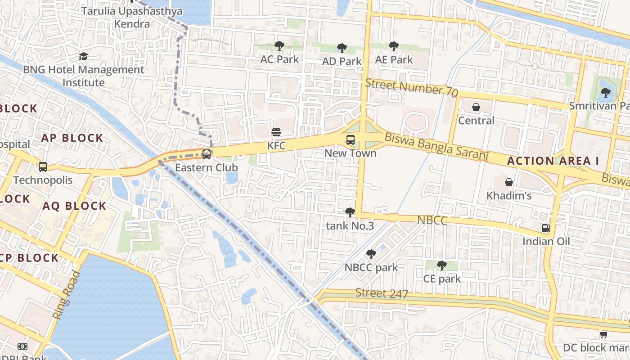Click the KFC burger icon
point(276,133)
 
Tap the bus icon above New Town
point(351,140)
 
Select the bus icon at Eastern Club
point(207,154)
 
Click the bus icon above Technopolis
point(43,167)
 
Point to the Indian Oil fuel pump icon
point(546,228)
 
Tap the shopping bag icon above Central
point(476,107)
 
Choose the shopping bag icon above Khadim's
point(509,182)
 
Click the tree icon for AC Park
point(279,45)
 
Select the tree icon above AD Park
point(342,48)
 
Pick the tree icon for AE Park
point(394,46)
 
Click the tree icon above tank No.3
point(350,212)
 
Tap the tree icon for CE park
point(442,265)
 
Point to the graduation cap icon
point(83,56)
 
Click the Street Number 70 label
point(411,88)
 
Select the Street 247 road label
point(382,293)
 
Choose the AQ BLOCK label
point(75,206)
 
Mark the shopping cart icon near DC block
point(603,334)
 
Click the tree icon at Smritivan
point(605,93)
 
